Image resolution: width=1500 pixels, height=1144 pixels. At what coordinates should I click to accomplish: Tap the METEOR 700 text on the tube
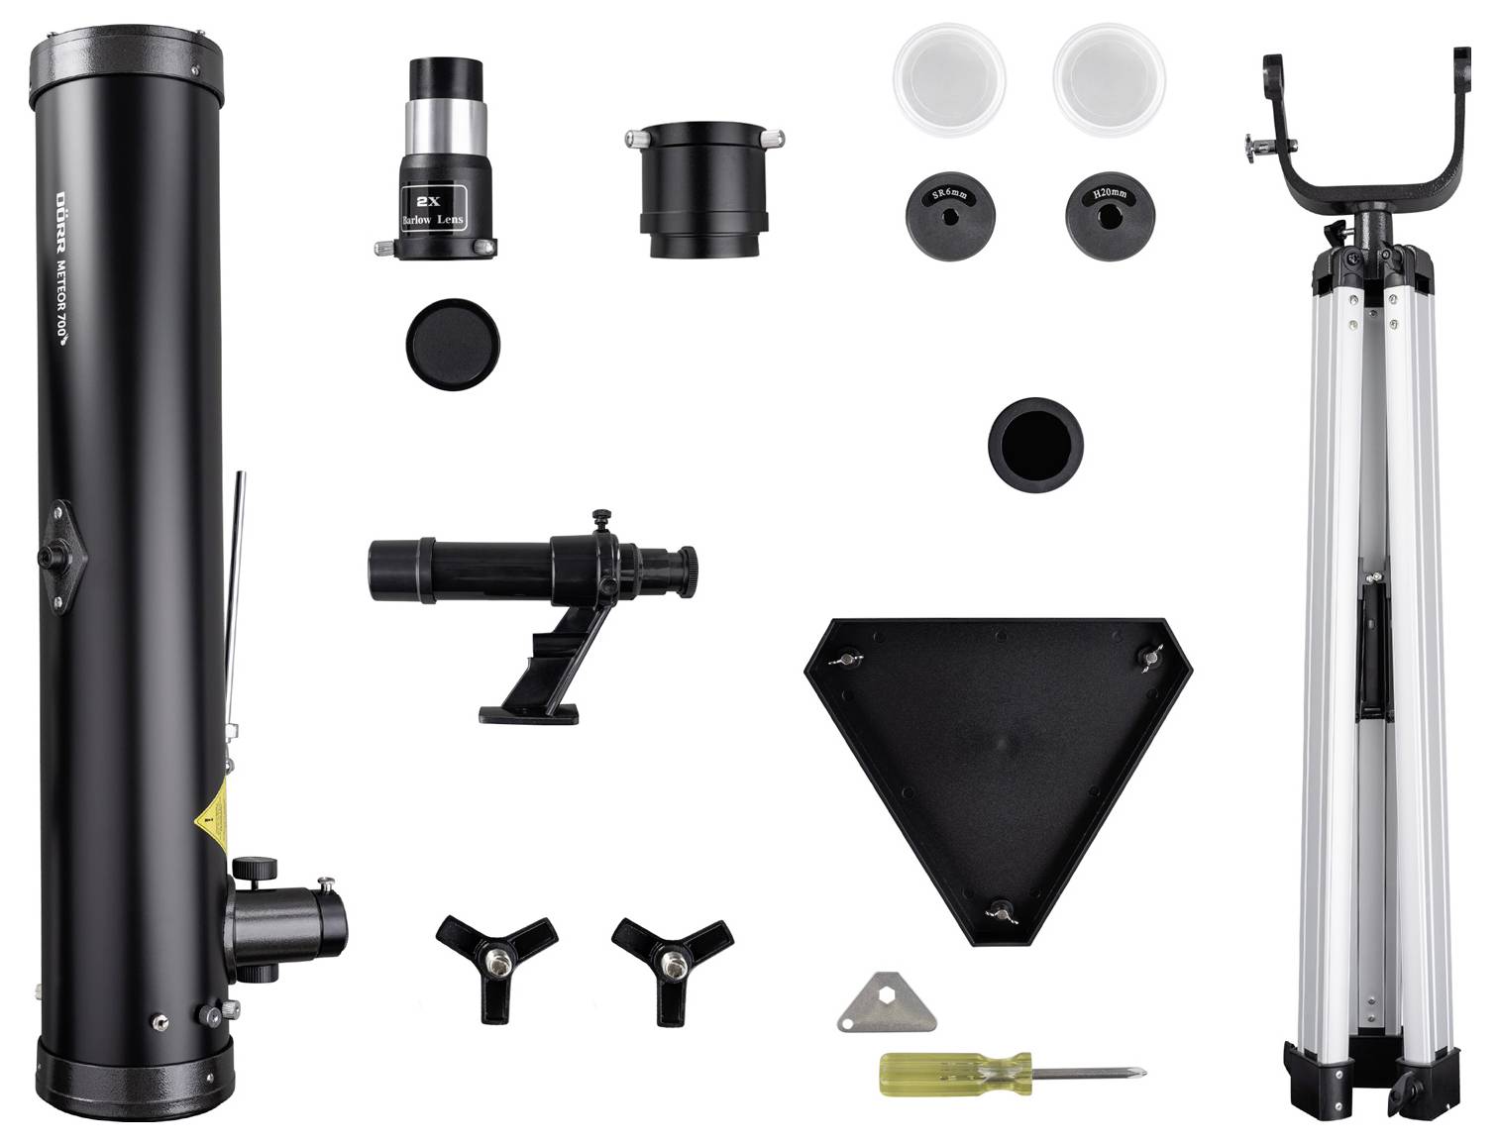(61, 286)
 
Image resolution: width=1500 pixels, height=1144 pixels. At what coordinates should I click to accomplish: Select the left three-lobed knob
(495, 958)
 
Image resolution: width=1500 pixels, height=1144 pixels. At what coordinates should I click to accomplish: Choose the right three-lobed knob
(672, 958)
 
